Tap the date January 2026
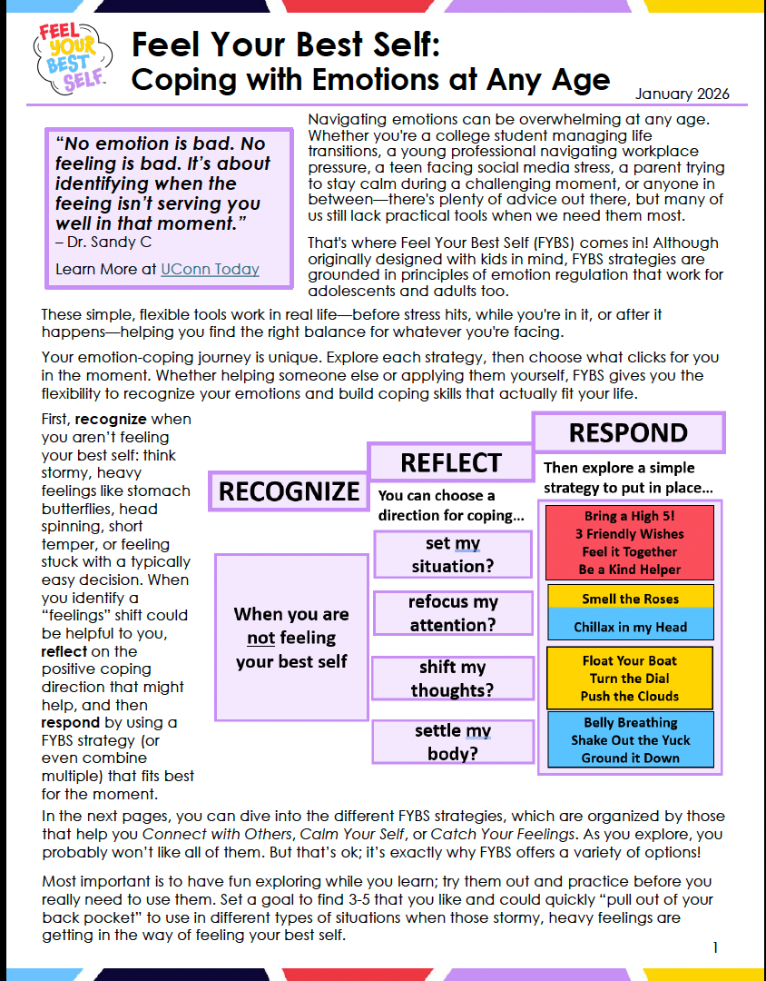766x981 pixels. [682, 94]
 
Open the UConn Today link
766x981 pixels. [210, 269]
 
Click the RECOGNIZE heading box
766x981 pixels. [289, 491]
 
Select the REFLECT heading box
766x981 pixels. [450, 462]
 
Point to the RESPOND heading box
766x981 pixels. [628, 432]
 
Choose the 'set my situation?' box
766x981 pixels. [452, 554]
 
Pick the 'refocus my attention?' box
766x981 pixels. [452, 613]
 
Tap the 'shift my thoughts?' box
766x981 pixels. [452, 679]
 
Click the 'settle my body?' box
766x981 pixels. [452, 742]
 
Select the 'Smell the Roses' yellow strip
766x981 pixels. [630, 599]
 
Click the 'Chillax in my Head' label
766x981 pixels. [630, 627]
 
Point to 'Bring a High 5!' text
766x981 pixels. [630, 516]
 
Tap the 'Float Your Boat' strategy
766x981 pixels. [630, 660]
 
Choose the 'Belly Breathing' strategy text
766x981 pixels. [630, 723]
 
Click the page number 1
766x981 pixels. [715, 947]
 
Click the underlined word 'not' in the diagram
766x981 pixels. [260, 638]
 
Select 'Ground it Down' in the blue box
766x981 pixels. [630, 758]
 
